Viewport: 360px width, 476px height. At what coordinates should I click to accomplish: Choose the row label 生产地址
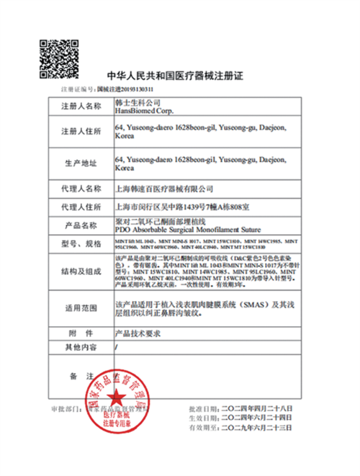point(79,162)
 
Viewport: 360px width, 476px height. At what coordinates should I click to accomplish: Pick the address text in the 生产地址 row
point(200,162)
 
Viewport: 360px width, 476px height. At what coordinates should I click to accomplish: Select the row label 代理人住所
point(79,207)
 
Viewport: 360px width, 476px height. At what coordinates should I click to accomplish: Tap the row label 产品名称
point(79,225)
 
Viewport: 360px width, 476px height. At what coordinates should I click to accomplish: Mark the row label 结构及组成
point(79,272)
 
